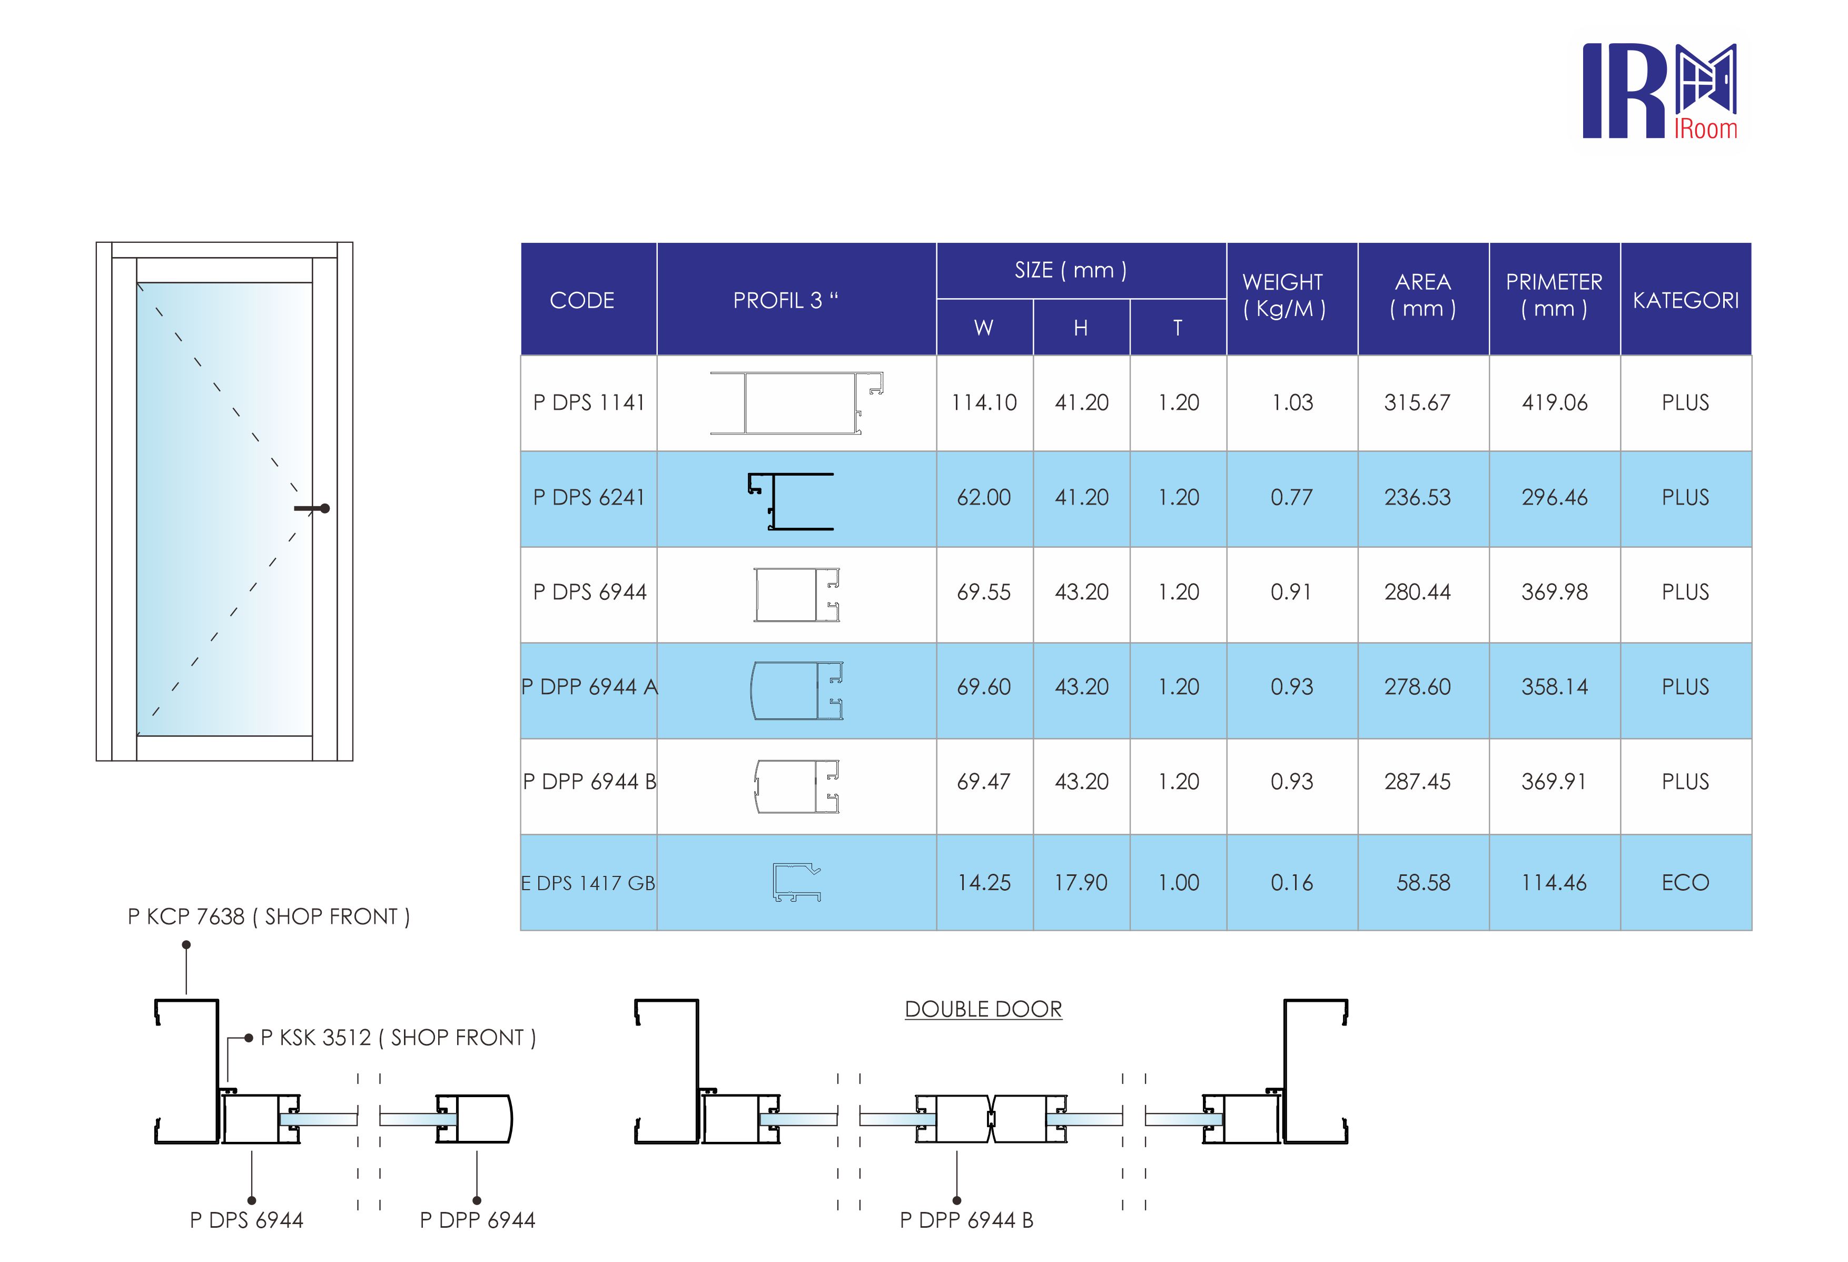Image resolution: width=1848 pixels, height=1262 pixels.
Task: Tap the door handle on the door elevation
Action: pos(313,508)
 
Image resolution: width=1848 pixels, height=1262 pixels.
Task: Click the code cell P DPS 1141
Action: pos(588,402)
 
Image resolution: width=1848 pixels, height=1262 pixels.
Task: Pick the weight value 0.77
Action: pos(1291,498)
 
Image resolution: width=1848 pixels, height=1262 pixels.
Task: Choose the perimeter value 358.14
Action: pos(1554,687)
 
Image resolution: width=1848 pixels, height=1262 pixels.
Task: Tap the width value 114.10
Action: pos(984,403)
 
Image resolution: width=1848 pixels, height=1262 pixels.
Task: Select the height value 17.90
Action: pos(1081,883)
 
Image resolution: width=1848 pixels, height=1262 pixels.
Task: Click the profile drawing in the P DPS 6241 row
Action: pos(791,501)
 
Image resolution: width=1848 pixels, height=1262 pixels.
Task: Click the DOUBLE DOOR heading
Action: pos(983,1009)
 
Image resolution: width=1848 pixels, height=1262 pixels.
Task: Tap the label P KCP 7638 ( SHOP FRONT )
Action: pos(269,917)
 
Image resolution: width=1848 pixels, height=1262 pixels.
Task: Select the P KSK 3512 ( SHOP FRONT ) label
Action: pos(398,1038)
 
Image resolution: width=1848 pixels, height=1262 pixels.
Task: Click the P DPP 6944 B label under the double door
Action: pos(966,1220)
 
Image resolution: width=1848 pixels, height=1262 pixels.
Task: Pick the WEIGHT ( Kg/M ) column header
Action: pos(1283,295)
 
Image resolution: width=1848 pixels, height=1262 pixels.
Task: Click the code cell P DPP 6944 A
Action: pos(589,687)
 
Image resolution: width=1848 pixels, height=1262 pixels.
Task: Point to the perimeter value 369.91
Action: pos(1554,782)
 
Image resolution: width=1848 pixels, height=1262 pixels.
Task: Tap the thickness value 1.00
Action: pos(1178,883)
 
